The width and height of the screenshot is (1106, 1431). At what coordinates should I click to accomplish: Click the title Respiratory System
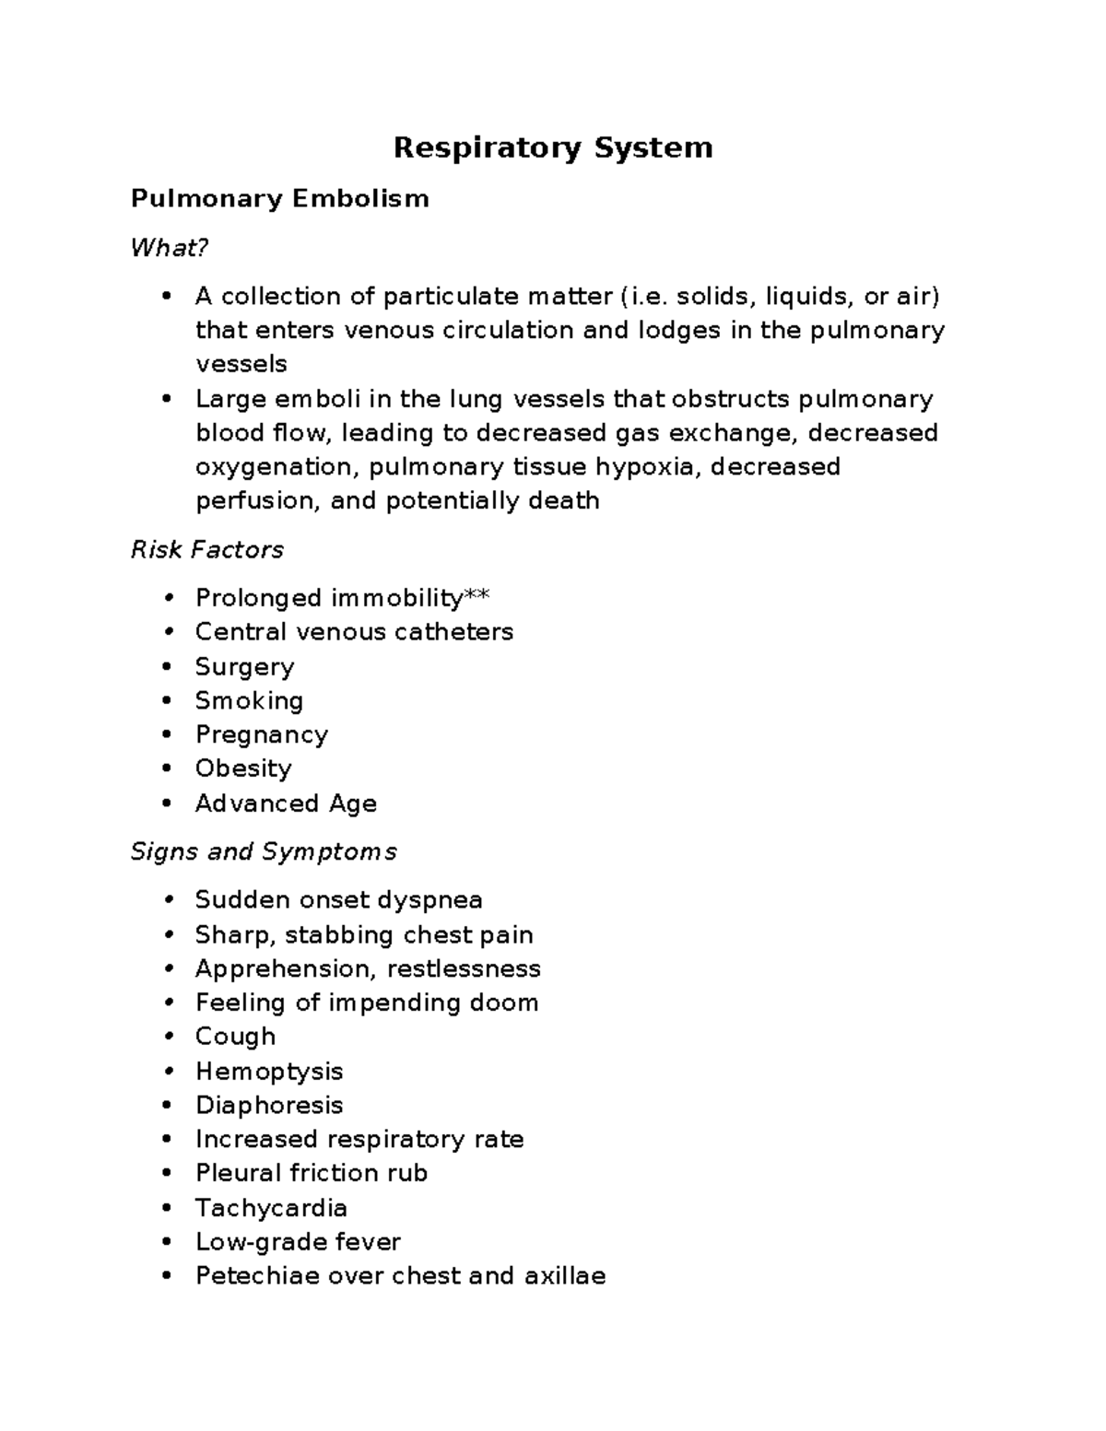(x=553, y=148)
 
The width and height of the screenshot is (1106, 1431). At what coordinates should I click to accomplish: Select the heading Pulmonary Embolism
(x=279, y=198)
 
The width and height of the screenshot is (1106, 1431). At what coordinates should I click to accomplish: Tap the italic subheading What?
(x=170, y=248)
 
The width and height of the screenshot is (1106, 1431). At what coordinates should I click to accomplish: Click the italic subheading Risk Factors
(x=206, y=550)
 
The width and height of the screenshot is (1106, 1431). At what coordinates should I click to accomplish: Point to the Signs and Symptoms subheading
(x=263, y=851)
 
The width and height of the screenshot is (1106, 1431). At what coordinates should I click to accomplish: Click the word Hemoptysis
(x=268, y=1071)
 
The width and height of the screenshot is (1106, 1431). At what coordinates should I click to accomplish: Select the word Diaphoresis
(x=268, y=1105)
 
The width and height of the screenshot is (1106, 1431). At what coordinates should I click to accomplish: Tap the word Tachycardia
(x=271, y=1207)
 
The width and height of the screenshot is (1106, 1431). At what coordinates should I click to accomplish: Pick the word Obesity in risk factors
(x=242, y=768)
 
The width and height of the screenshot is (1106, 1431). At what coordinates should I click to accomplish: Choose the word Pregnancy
(x=261, y=735)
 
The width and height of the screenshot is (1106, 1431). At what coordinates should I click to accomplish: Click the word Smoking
(x=249, y=701)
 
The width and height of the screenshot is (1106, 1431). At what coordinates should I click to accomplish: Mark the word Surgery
(x=244, y=667)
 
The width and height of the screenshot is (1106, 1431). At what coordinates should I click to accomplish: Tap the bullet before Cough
(x=168, y=1037)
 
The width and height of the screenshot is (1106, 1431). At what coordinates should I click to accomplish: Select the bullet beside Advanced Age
(x=168, y=803)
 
